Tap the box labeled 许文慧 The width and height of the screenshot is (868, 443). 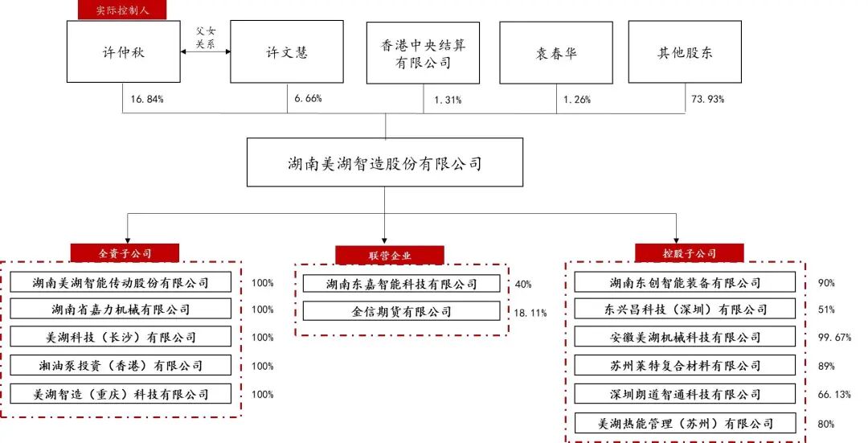[x=287, y=53]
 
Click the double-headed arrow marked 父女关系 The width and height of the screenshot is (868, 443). [x=206, y=51]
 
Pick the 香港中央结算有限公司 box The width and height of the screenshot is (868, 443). [x=424, y=53]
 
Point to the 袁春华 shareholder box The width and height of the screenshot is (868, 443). [x=556, y=53]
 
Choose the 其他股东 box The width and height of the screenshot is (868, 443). [x=685, y=53]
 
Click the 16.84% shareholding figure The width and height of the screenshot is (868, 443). [x=146, y=100]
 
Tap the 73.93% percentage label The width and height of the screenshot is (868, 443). [x=707, y=100]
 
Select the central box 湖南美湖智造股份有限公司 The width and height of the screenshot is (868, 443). [x=384, y=164]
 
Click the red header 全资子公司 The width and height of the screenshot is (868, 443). [x=125, y=252]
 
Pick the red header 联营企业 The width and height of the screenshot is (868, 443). [x=390, y=256]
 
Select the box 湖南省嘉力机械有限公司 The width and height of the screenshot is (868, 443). [x=121, y=310]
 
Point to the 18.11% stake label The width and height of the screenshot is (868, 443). [x=530, y=312]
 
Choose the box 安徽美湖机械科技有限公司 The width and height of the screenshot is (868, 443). [x=686, y=338]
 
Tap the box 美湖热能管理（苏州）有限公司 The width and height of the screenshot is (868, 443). [x=686, y=423]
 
